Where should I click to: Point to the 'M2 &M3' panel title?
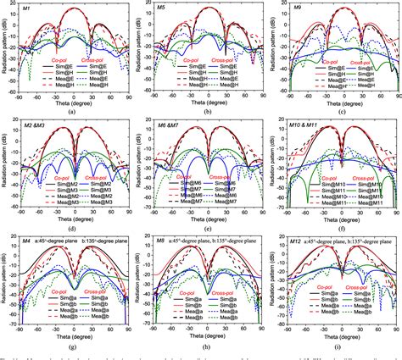(x=36, y=125)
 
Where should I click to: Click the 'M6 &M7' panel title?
(x=170, y=125)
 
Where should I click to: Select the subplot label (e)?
(x=206, y=229)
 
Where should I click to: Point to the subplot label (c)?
(x=341, y=111)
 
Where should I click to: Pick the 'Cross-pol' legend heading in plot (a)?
(x=98, y=61)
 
